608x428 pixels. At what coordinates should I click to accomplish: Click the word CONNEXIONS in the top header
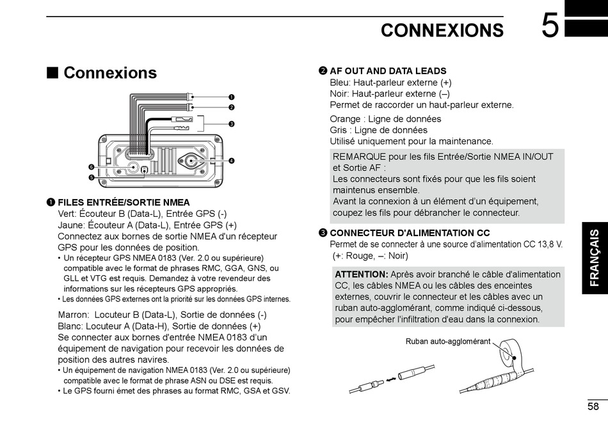[442, 30]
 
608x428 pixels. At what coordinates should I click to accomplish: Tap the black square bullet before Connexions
[52, 72]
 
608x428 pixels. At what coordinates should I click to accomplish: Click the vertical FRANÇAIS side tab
[595, 258]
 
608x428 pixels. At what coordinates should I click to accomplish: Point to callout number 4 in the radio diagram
[231, 160]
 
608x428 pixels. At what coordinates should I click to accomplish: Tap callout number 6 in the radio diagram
[92, 167]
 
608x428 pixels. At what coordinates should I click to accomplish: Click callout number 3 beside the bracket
[231, 123]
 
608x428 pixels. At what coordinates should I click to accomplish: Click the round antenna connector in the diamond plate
[190, 161]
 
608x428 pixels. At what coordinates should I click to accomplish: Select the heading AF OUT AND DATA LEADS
[388, 71]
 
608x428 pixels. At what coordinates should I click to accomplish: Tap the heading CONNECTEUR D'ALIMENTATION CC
[410, 233]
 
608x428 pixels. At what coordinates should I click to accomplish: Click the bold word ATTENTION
[361, 274]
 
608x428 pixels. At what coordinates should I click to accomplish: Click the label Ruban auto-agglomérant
[447, 341]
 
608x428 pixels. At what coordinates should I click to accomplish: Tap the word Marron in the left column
[73, 314]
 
